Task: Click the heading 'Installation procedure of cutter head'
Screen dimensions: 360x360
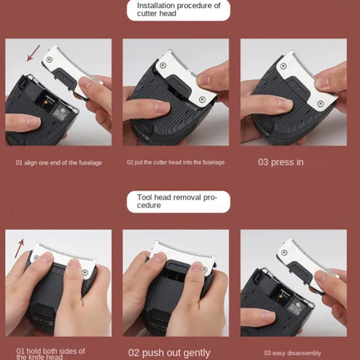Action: click(x=179, y=9)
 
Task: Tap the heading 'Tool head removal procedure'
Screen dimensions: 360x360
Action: click(x=177, y=201)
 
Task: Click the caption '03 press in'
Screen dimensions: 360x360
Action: click(x=280, y=162)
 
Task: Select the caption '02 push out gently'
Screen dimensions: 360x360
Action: click(x=169, y=353)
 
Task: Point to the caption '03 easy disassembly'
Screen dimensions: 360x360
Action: click(x=292, y=353)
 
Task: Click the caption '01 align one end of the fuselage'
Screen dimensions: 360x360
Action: click(x=59, y=163)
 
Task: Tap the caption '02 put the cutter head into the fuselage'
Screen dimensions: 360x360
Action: click(x=176, y=162)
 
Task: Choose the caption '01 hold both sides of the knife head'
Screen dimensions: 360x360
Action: click(x=51, y=354)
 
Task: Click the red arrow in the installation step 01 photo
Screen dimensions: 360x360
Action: click(x=33, y=53)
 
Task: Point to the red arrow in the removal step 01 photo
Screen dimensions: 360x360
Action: click(x=19, y=248)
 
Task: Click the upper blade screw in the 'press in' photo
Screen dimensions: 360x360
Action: click(x=283, y=66)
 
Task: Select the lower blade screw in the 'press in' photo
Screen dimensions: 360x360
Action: click(x=320, y=103)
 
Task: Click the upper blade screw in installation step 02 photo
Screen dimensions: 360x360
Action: click(x=163, y=66)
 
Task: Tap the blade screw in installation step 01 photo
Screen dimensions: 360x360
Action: click(x=49, y=60)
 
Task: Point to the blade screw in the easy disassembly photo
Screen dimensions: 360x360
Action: click(x=284, y=253)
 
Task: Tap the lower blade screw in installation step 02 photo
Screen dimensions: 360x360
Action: click(x=202, y=99)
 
